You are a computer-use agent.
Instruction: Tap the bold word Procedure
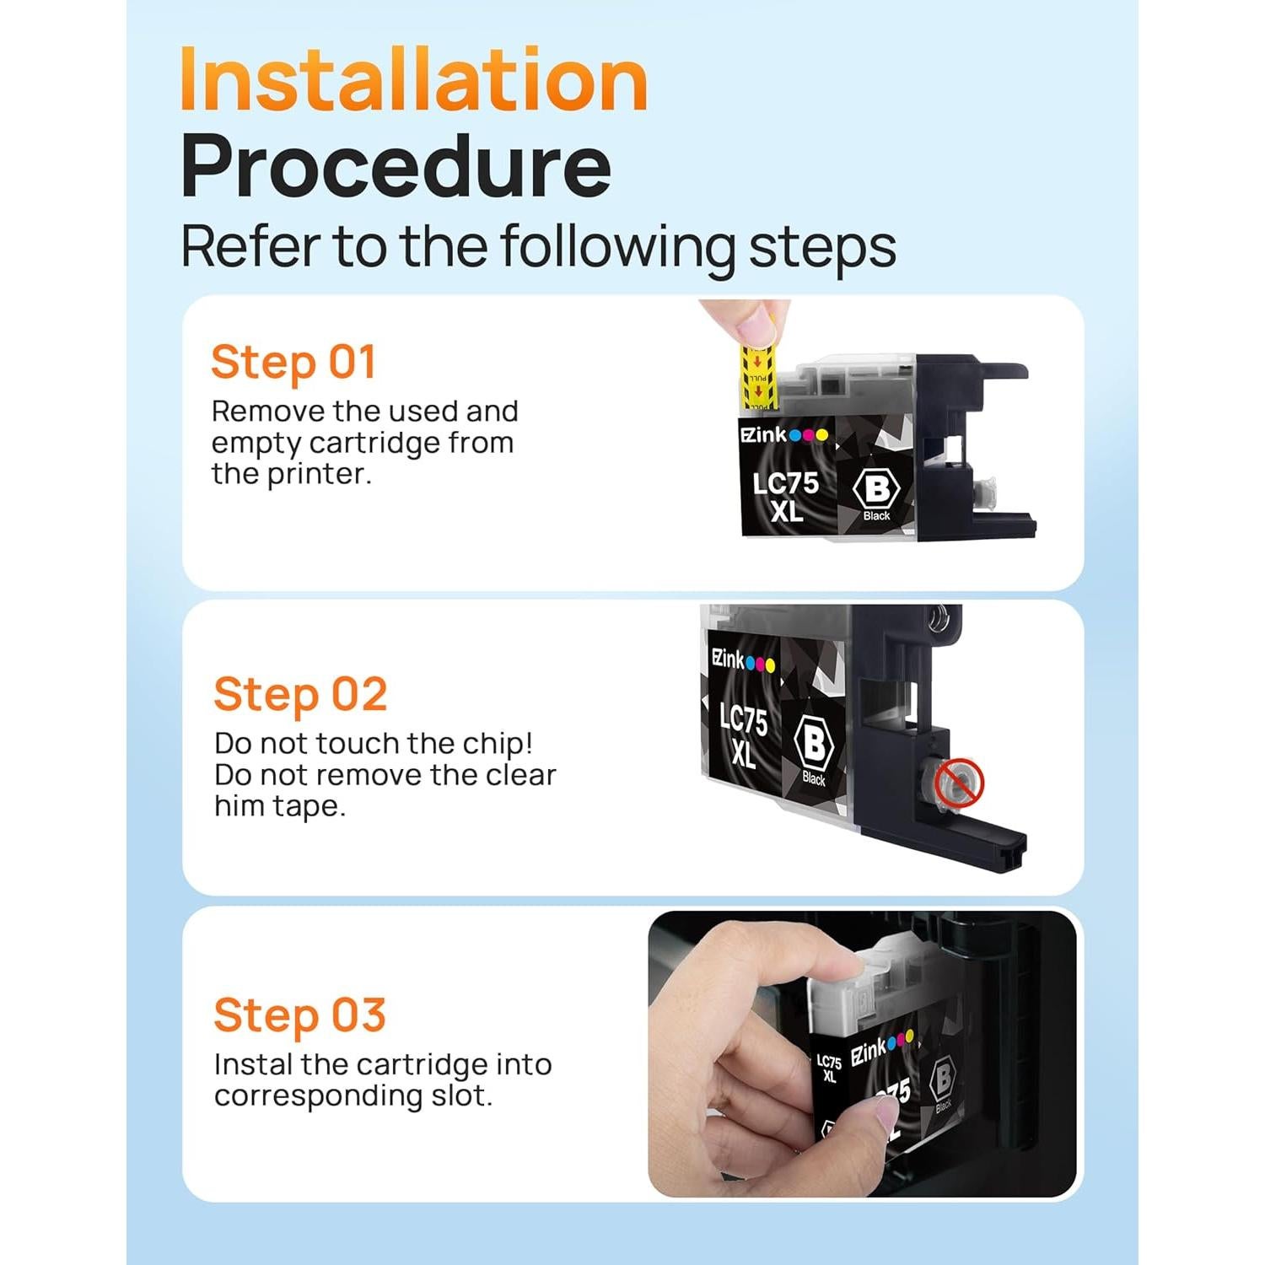tap(396, 168)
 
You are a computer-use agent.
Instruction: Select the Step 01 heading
tap(293, 363)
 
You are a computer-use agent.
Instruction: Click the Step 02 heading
tap(300, 696)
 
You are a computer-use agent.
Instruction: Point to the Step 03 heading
tap(299, 1015)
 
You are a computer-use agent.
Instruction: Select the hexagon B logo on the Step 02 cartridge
tap(814, 743)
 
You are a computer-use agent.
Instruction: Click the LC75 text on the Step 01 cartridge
tap(785, 483)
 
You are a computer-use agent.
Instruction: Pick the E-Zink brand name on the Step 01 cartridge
tap(763, 435)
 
